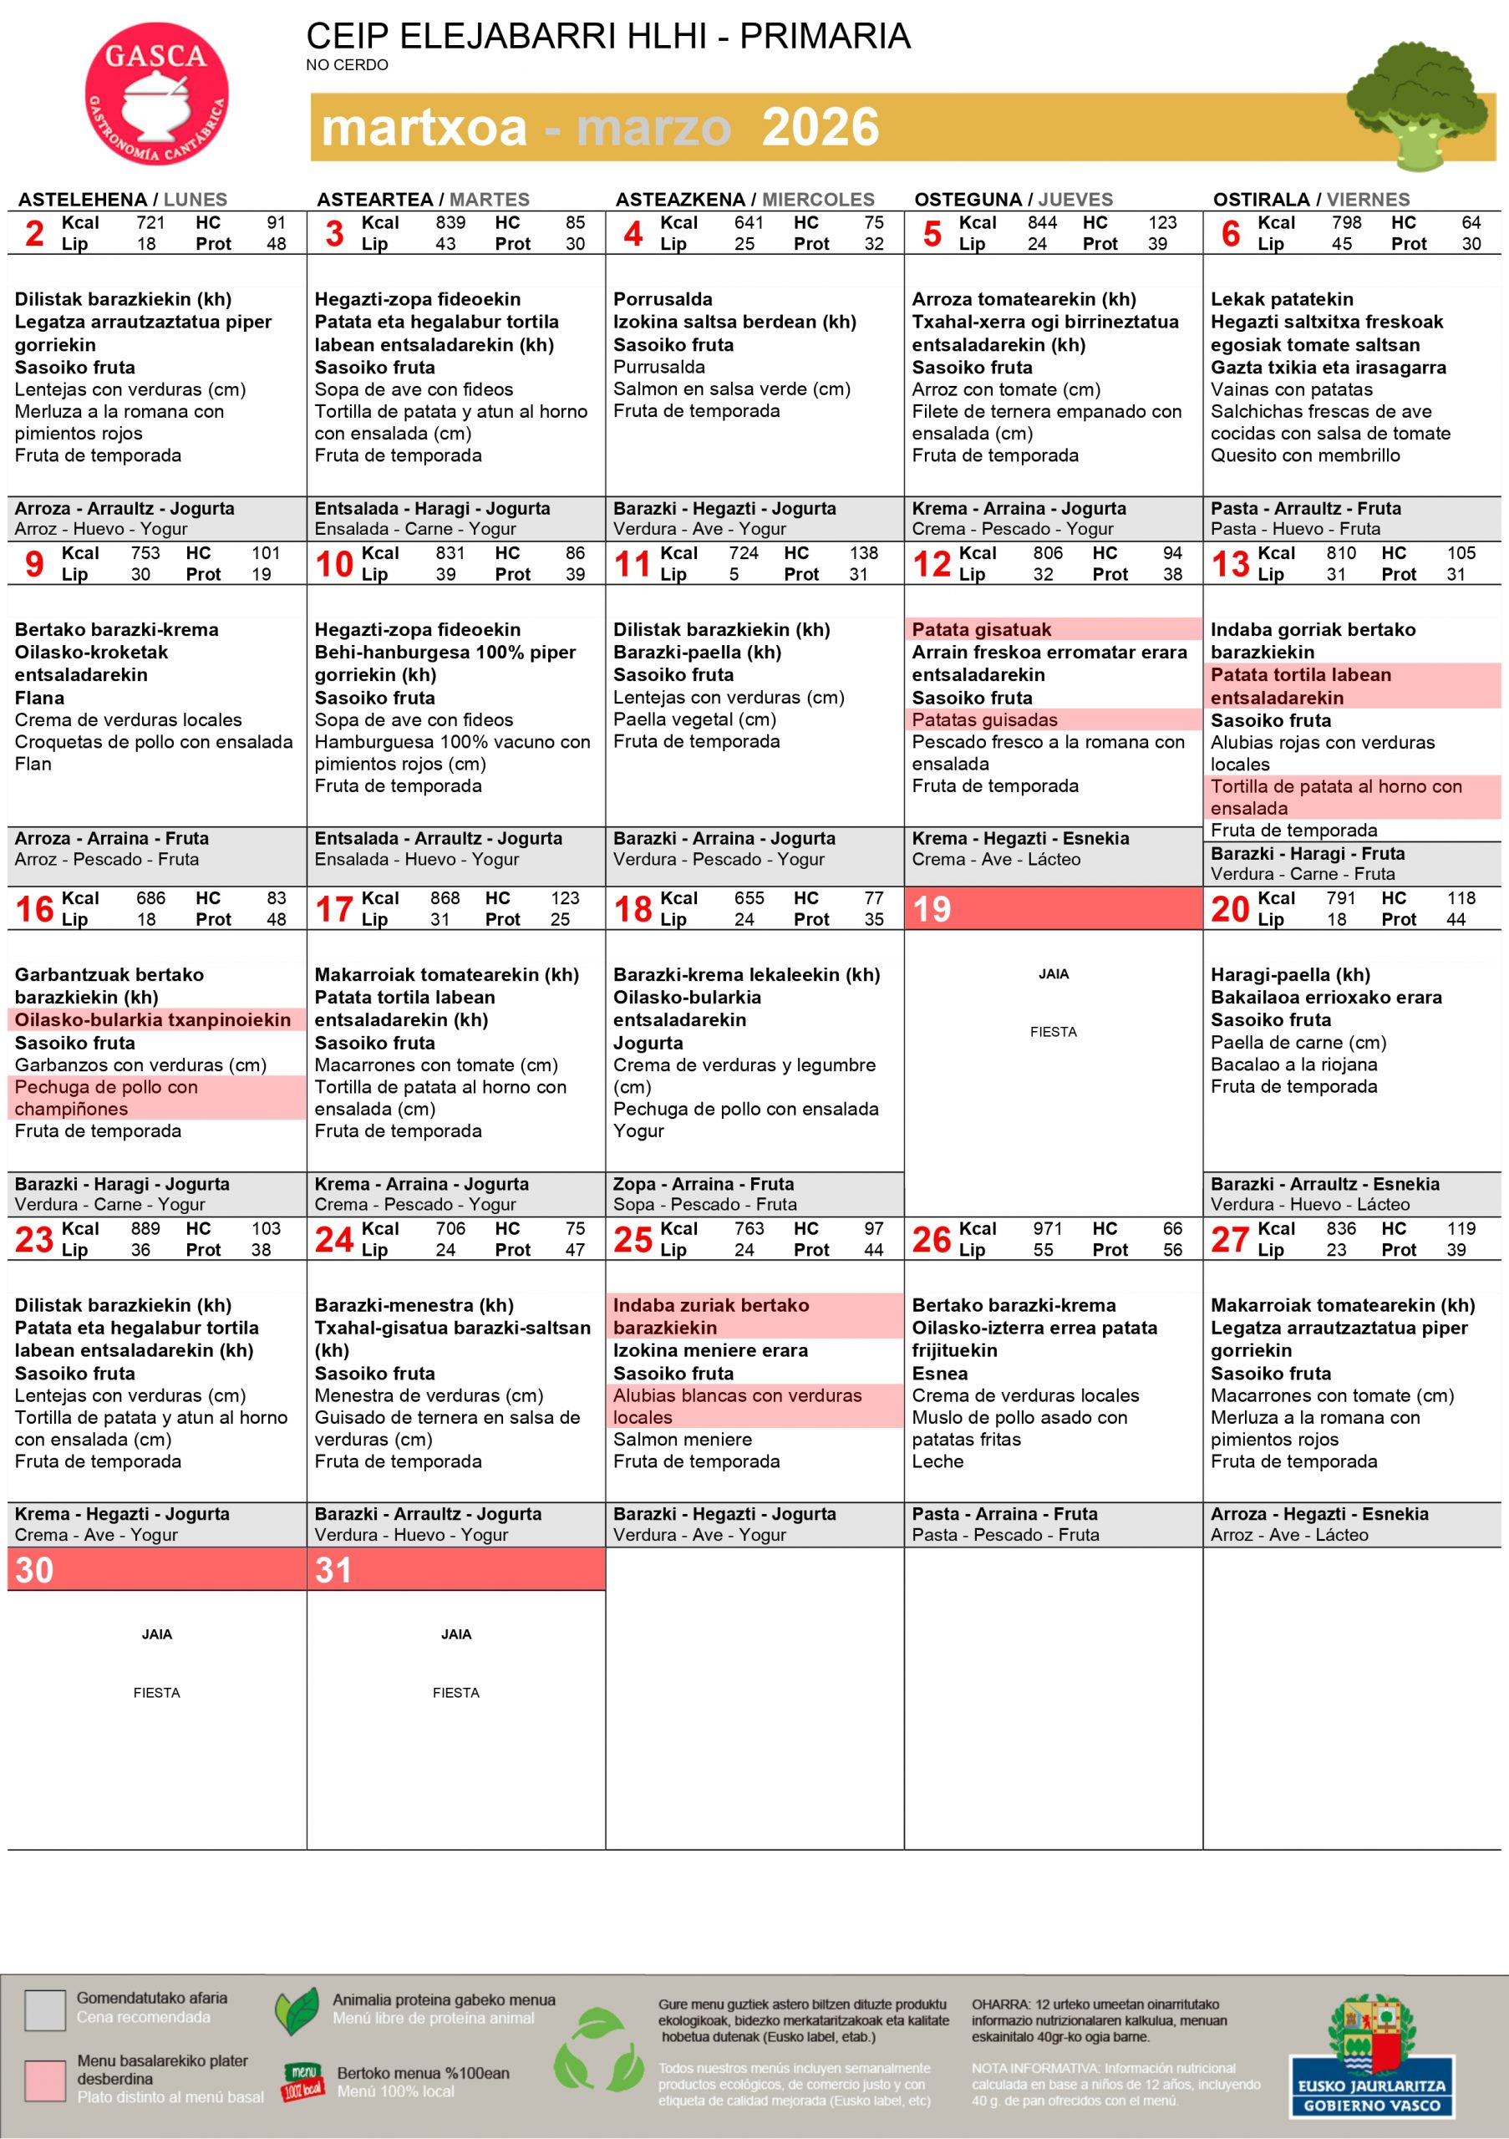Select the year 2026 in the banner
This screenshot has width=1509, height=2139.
820,128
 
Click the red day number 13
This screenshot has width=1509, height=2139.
1230,564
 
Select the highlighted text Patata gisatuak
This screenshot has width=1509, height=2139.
981,629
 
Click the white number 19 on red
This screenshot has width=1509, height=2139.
932,908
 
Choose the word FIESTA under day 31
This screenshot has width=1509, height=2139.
455,1692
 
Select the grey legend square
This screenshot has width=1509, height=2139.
45,2009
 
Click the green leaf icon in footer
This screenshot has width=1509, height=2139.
298,2010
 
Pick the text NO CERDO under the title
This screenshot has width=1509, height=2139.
347,65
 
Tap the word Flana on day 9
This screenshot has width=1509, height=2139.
39,698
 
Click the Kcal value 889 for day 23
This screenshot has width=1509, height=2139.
145,1228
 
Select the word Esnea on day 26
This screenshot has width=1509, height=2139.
939,1372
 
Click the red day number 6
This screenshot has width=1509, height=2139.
1231,234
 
